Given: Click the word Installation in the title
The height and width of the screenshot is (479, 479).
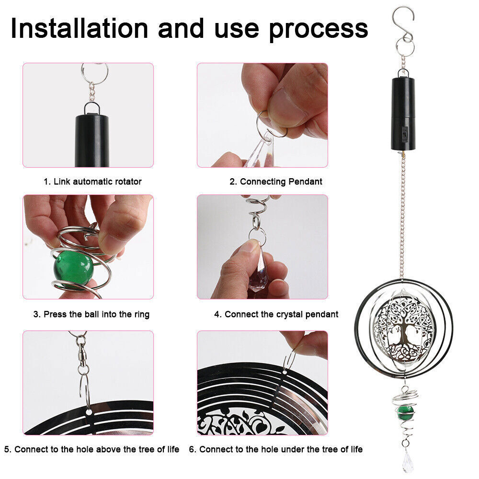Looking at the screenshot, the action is click(80, 28).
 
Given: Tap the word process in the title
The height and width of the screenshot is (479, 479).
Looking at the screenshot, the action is click(319, 30).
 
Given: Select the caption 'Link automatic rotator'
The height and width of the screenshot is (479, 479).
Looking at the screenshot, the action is click(97, 182).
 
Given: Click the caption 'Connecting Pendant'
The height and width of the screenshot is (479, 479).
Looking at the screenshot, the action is click(281, 182).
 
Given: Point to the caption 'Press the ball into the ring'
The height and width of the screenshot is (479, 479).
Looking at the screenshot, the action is click(97, 314).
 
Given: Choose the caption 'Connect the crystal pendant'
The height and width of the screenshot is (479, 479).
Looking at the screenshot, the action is click(281, 314).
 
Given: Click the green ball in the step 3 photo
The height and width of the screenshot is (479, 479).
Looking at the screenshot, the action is click(73, 267).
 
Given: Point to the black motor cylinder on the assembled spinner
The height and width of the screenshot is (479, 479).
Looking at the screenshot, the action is click(403, 114).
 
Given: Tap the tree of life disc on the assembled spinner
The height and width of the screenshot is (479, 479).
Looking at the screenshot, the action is click(403, 329).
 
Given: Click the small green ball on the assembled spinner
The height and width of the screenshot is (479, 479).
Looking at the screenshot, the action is click(405, 412).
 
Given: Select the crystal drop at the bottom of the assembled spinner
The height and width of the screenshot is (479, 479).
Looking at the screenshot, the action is click(407, 461).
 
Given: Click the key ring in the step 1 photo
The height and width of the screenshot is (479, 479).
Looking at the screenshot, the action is click(95, 72).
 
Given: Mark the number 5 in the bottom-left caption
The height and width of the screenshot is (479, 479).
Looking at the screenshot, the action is click(7, 449).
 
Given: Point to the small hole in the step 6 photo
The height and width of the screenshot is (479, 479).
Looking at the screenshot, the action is click(285, 372).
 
